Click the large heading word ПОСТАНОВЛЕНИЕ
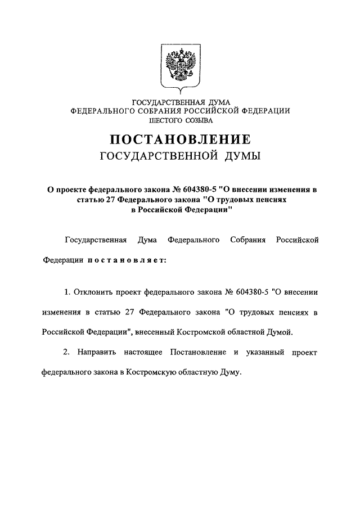(x=179, y=139)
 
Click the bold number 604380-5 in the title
(x=193, y=190)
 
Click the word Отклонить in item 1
(x=94, y=292)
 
